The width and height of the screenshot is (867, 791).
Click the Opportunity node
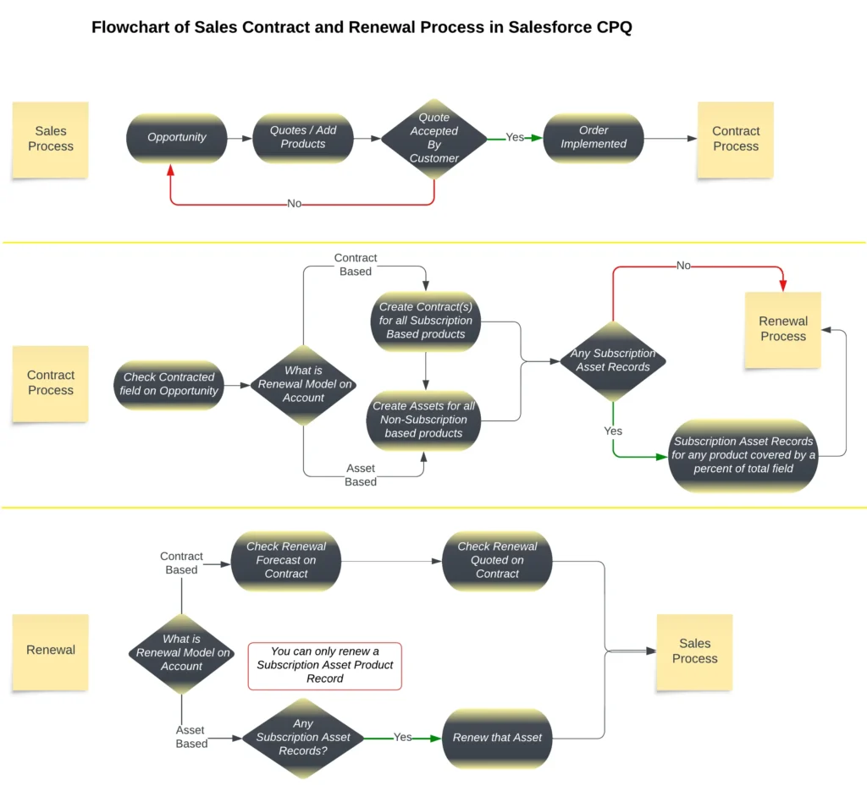[177, 137]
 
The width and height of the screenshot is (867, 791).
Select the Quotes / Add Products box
[303, 137]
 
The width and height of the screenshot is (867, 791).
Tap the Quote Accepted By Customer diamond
[434, 138]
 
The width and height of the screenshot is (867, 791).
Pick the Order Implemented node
[594, 137]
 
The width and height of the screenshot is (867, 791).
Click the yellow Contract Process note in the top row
[735, 139]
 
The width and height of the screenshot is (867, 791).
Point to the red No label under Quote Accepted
[295, 204]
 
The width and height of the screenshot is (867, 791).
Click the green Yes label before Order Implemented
[515, 137]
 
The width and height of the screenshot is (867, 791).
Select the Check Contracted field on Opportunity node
[170, 384]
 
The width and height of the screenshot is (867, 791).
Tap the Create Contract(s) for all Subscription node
[426, 321]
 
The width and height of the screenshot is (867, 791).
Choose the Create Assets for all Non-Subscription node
[423, 420]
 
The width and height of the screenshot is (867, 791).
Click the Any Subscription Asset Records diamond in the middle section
[613, 360]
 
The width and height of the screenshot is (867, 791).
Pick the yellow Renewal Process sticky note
[783, 329]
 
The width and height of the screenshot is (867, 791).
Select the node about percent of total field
[743, 455]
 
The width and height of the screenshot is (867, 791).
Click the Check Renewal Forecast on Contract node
[286, 560]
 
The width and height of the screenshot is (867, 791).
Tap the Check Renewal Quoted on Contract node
[497, 560]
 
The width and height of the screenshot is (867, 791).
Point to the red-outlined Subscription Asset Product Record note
[325, 665]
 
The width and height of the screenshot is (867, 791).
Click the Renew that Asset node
[497, 738]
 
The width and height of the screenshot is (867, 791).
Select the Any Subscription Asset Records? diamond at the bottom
[303, 737]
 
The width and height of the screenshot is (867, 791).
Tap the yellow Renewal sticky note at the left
[51, 651]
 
